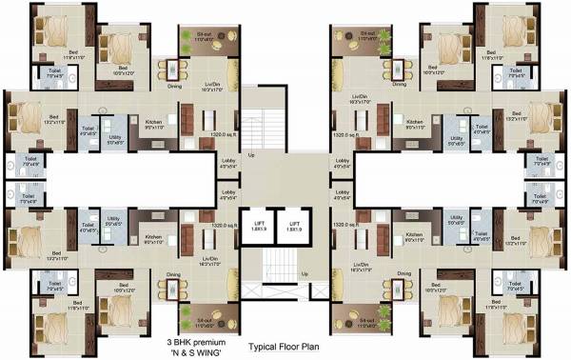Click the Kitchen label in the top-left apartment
(151, 122)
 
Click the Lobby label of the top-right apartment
(342, 162)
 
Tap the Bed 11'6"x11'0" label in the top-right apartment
(492, 55)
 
